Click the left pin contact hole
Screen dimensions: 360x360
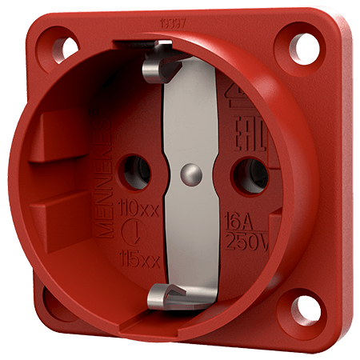click(131, 167)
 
